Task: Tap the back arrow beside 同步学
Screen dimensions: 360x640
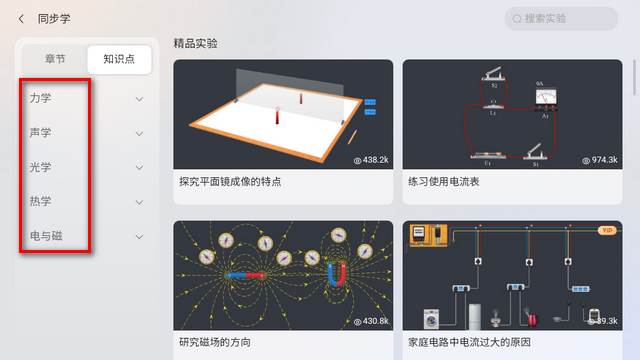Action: pyautogui.click(x=21, y=19)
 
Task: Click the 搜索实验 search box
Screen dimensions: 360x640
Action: pyautogui.click(x=562, y=19)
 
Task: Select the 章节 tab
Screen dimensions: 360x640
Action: pyautogui.click(x=55, y=59)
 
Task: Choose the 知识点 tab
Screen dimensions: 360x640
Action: pyautogui.click(x=120, y=59)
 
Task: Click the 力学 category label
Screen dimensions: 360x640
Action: pyautogui.click(x=41, y=99)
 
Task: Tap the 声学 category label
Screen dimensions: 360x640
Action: pyautogui.click(x=41, y=133)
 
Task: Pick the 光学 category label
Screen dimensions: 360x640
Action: pyautogui.click(x=41, y=167)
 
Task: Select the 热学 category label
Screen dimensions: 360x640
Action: pyautogui.click(x=41, y=201)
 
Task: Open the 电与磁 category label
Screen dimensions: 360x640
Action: pyautogui.click(x=46, y=236)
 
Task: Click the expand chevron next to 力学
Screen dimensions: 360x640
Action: pyautogui.click(x=139, y=99)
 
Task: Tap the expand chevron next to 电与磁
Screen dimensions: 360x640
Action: pyautogui.click(x=139, y=236)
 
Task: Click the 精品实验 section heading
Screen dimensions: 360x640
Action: pyautogui.click(x=195, y=43)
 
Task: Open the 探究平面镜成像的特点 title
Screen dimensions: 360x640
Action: pyautogui.click(x=230, y=182)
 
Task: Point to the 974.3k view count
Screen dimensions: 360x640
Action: pyautogui.click(x=599, y=160)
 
